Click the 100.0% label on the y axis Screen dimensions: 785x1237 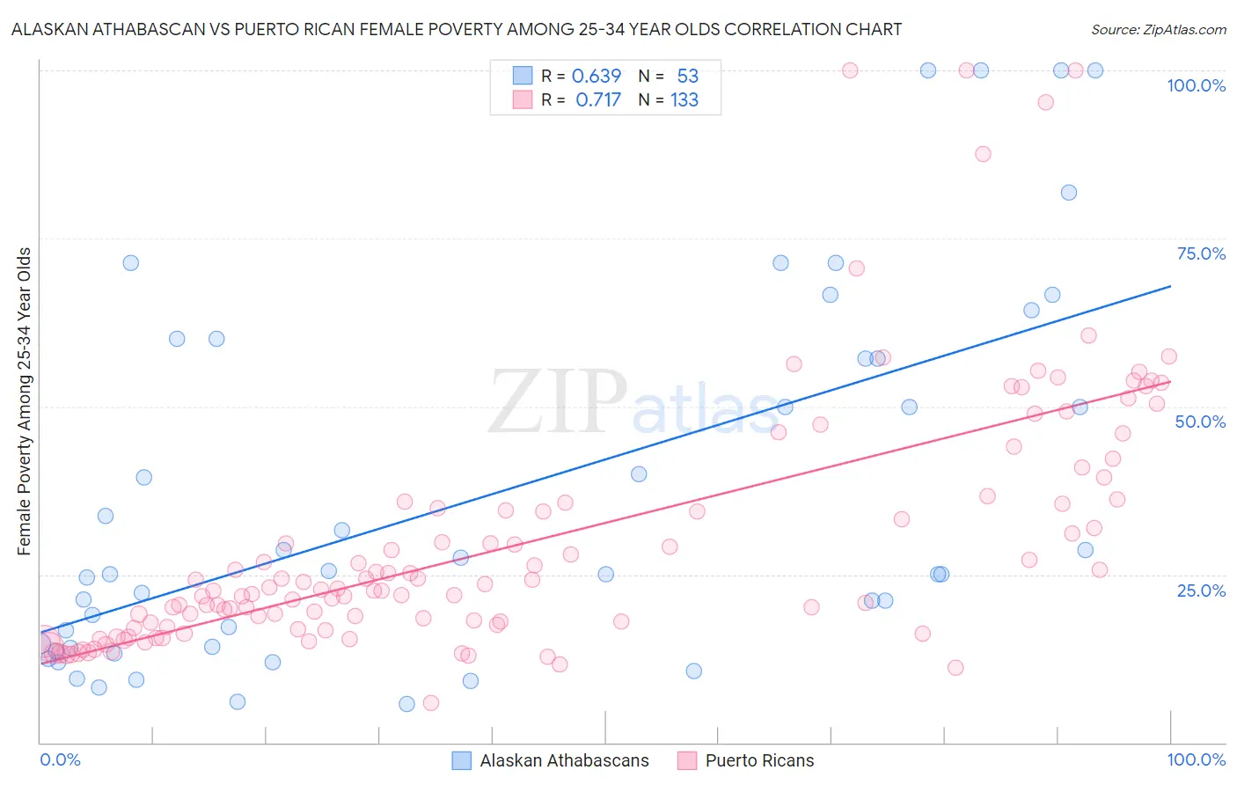pyautogui.click(x=1196, y=85)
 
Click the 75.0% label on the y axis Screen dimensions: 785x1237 pyautogui.click(x=1201, y=253)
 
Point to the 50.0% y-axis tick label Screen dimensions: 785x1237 pyautogui.click(x=1200, y=422)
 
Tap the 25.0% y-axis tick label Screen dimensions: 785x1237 pyautogui.click(x=1201, y=591)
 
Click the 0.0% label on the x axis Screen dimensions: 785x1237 pyautogui.click(x=60, y=759)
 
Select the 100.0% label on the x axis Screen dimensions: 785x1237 pyautogui.click(x=1196, y=759)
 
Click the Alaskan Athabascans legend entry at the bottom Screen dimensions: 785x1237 pyautogui.click(x=564, y=760)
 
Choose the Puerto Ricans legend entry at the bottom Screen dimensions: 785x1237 pyautogui.click(x=759, y=760)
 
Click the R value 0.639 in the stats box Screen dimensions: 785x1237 pyautogui.click(x=597, y=77)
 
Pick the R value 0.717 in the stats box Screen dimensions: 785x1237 pyautogui.click(x=598, y=100)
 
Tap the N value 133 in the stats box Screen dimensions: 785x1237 pyautogui.click(x=684, y=100)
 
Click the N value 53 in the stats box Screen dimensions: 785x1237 pyautogui.click(x=687, y=77)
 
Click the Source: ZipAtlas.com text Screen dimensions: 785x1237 pyautogui.click(x=1158, y=29)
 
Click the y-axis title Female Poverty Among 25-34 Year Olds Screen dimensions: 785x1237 pyautogui.click(x=25, y=401)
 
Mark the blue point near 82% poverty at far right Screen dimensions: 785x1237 pyautogui.click(x=1068, y=193)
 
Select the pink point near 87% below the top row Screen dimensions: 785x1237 pyautogui.click(x=983, y=154)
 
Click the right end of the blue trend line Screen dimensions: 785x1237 pyautogui.click(x=1170, y=286)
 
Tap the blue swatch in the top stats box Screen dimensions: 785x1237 pyautogui.click(x=523, y=76)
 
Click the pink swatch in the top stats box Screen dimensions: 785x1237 pyautogui.click(x=523, y=99)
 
